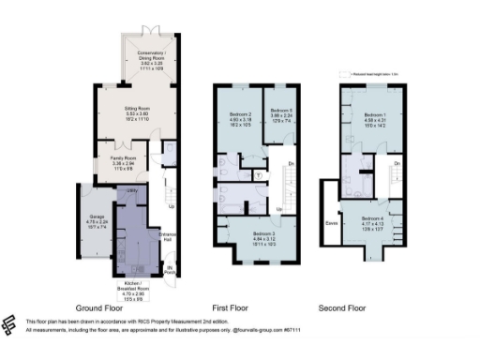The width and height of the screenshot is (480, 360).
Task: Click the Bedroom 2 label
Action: coord(238,116)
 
